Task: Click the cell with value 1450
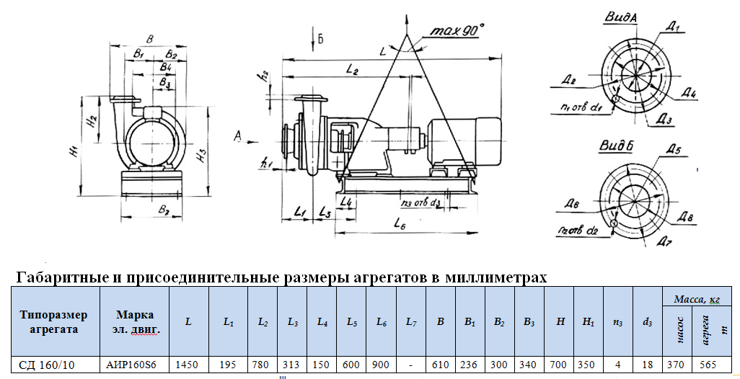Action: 188,365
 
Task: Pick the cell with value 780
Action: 263,365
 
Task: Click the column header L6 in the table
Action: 381,321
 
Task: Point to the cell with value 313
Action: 293,365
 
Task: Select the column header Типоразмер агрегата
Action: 54,322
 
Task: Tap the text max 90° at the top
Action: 457,32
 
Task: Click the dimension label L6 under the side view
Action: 401,225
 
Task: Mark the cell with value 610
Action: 440,365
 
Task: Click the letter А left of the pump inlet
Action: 239,134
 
